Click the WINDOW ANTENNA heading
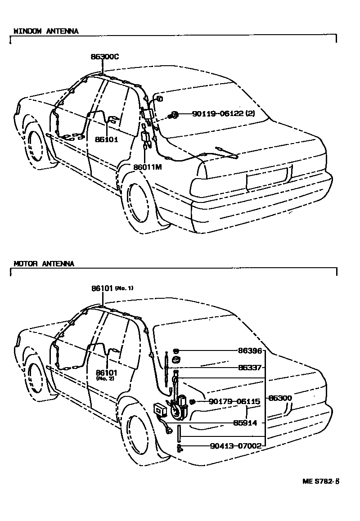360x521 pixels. point(46,31)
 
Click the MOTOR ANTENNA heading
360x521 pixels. point(44,264)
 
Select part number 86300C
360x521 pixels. point(104,57)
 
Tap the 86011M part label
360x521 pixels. point(147,167)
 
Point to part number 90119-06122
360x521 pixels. point(223,114)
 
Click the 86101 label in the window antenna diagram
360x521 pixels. point(107,139)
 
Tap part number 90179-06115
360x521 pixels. point(234,401)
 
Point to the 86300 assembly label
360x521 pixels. point(280,398)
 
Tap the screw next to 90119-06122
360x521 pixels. point(173,115)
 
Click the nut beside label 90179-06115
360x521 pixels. point(192,401)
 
